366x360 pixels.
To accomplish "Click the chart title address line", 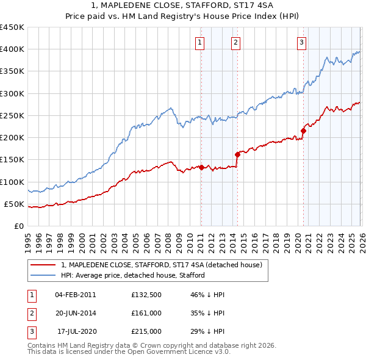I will pos(183,5).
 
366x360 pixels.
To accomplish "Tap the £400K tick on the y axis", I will pos(12,49).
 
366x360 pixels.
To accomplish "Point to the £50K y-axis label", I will pos(14,204).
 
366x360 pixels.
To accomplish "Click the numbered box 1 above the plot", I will pos(200,42).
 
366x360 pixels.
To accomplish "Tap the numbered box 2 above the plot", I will pos(235,42).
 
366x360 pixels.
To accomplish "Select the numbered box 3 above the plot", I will pos(301,42).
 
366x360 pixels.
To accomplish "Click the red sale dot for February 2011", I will pos(201,167).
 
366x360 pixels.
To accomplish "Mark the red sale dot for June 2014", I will pos(237,154).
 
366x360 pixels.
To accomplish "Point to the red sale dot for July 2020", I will pos(303,131).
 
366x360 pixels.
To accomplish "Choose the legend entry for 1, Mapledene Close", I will pos(161,265).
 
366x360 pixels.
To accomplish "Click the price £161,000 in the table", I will pos(146,312).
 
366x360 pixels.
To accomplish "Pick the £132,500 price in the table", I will pos(146,294).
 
